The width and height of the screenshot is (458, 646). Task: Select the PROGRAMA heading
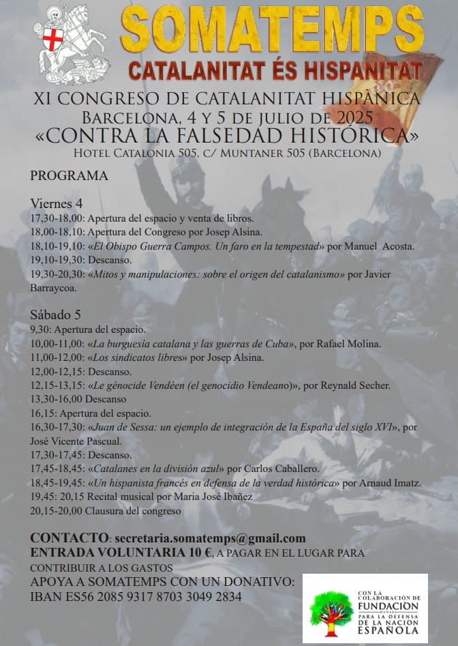tap(69, 176)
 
